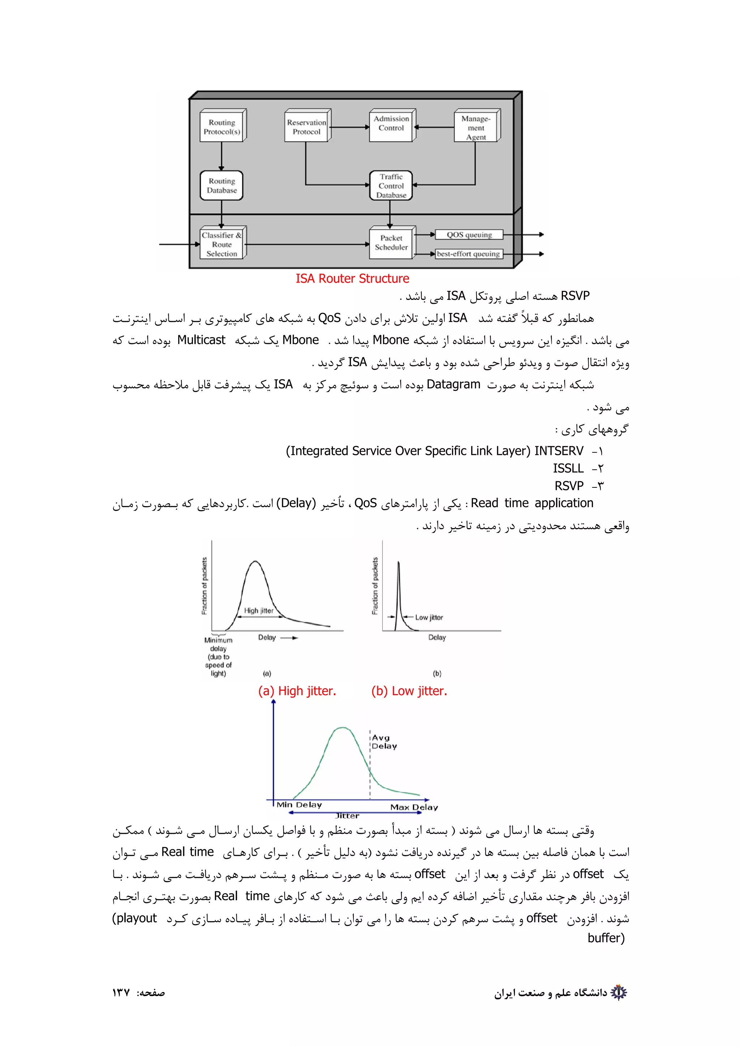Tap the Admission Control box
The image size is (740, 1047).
click(x=391, y=124)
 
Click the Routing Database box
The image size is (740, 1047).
click(x=221, y=186)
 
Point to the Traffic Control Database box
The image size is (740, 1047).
click(x=391, y=186)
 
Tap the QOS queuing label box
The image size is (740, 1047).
click(x=469, y=235)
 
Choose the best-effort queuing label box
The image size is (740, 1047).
click(x=468, y=254)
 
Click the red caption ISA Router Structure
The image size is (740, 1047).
click(x=352, y=279)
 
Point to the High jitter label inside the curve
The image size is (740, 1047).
click(x=258, y=611)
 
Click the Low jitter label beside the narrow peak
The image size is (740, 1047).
click(x=429, y=617)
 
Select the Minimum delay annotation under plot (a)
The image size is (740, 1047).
click(x=218, y=657)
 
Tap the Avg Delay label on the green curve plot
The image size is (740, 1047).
click(x=384, y=742)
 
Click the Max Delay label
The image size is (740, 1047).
click(x=414, y=807)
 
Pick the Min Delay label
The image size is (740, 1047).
click(x=299, y=805)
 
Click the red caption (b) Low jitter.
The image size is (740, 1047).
click(x=409, y=691)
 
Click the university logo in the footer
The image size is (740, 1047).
click(x=619, y=992)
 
